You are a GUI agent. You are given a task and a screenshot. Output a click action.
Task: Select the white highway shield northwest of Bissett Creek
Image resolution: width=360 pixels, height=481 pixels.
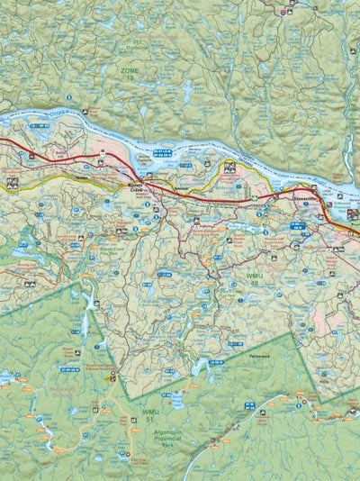[103, 154]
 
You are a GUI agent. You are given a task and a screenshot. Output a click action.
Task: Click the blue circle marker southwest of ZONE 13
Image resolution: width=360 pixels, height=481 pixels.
[70, 95]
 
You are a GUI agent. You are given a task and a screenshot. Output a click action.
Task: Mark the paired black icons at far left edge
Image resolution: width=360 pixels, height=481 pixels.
[13, 182]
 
